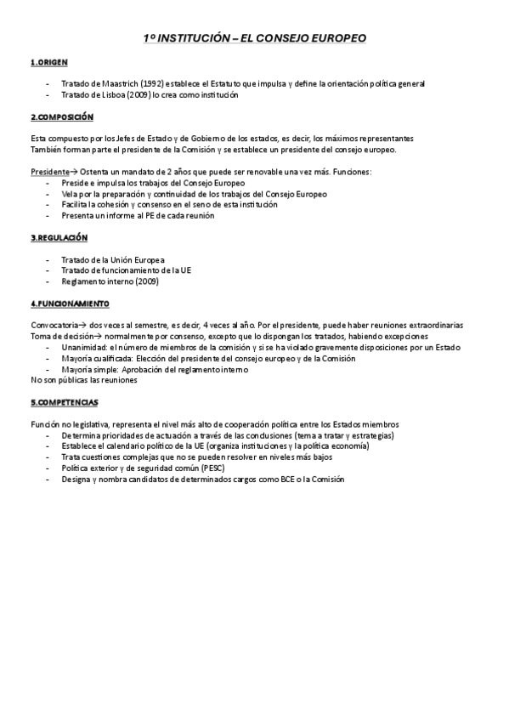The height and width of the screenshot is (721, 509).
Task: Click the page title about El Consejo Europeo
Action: click(255, 39)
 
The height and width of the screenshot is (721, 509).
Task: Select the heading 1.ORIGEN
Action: click(48, 63)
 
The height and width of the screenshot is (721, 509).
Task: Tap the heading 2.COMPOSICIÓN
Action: click(62, 116)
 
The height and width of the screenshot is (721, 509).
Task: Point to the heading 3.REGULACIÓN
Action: click(59, 237)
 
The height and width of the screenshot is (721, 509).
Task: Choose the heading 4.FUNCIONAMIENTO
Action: click(70, 304)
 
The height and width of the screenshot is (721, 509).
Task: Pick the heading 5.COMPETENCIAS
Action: click(65, 402)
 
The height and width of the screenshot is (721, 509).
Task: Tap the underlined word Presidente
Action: click(49, 172)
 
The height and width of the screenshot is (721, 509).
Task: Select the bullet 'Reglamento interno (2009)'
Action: click(110, 281)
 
